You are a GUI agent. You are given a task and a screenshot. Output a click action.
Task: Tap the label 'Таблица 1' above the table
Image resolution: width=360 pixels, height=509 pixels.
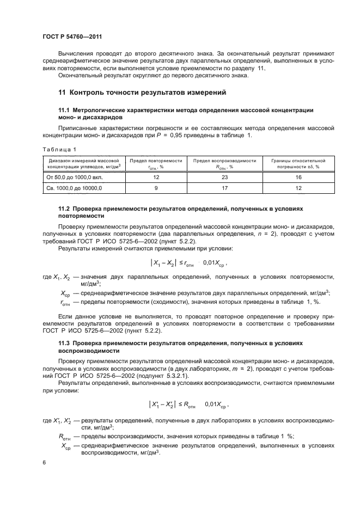click(59, 149)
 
